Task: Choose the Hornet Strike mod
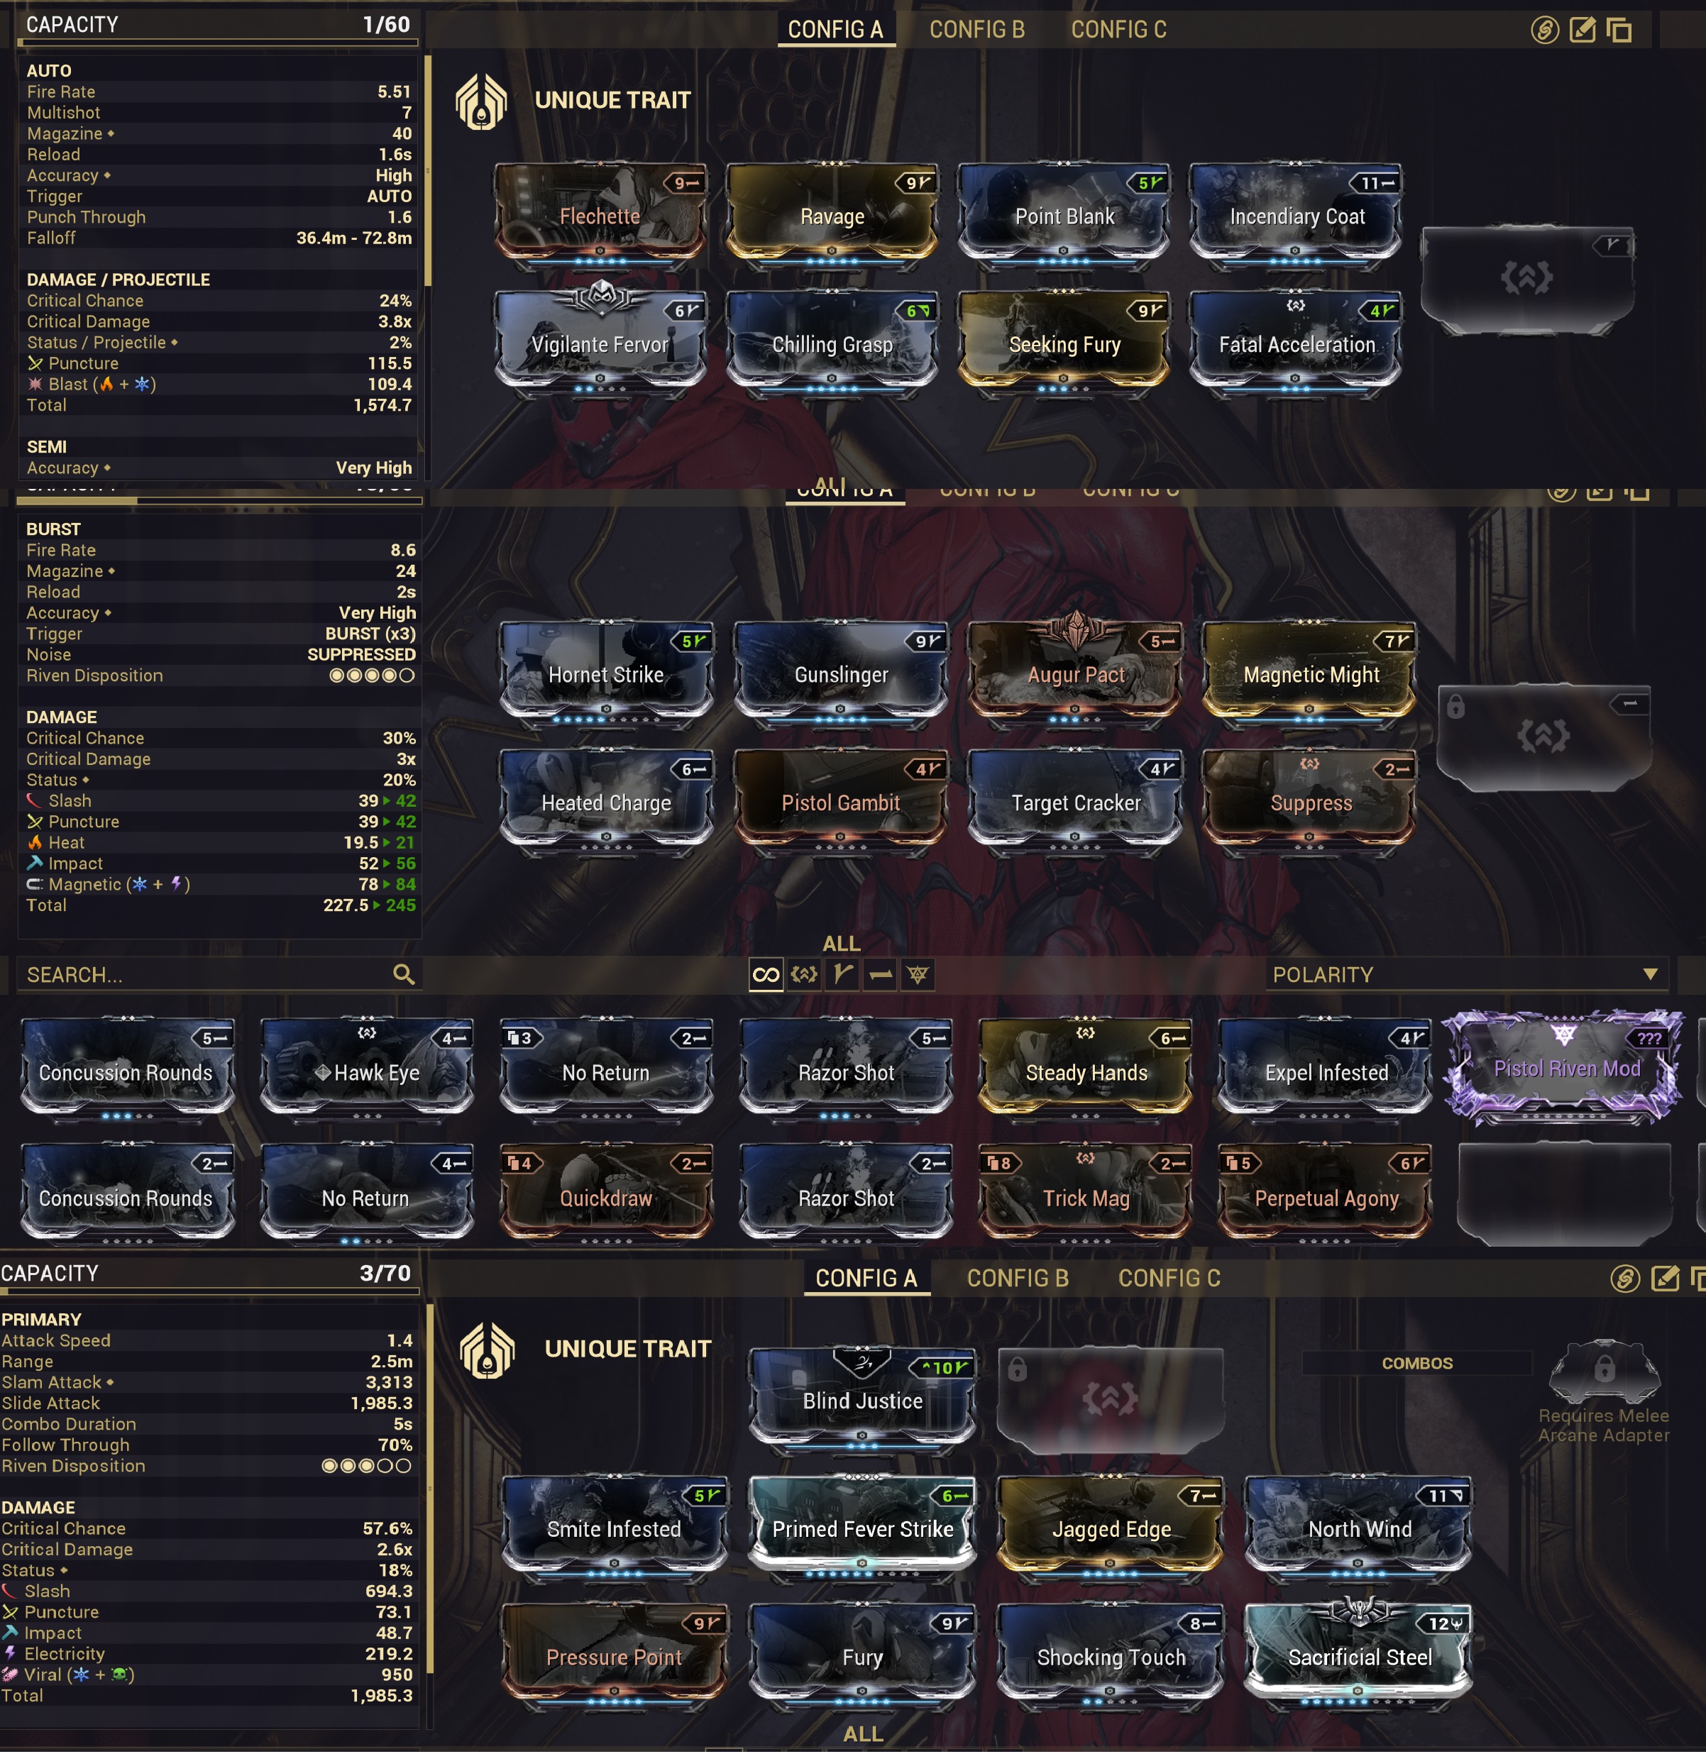click(x=606, y=673)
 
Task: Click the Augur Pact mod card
click(x=1075, y=673)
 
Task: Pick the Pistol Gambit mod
click(x=840, y=801)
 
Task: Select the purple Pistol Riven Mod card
click(x=1565, y=1067)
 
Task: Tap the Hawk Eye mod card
click(x=366, y=1071)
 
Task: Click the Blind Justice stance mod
click(x=862, y=1399)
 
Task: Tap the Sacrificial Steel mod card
click(x=1358, y=1655)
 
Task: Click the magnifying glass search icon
click(x=403, y=973)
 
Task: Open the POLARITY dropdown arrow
click(x=1649, y=973)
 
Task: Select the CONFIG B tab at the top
click(x=976, y=30)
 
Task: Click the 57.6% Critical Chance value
click(x=387, y=1528)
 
